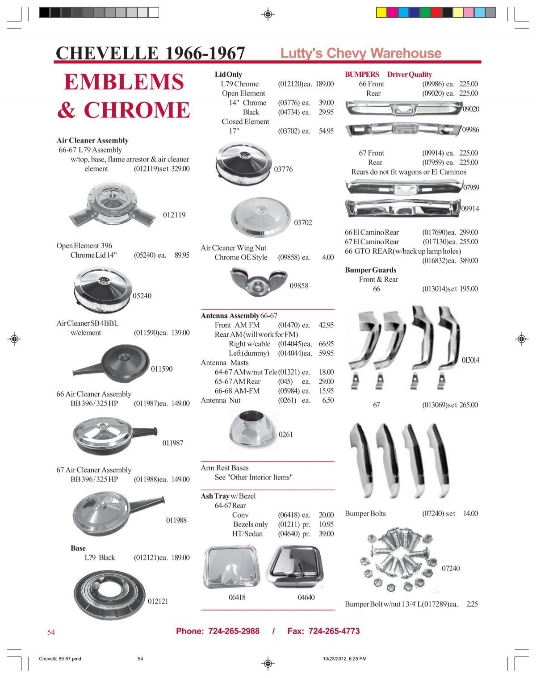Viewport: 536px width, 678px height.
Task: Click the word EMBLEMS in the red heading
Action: (124, 82)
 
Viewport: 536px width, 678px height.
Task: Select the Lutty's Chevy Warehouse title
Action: (360, 53)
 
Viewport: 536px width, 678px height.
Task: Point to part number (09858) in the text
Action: (289, 257)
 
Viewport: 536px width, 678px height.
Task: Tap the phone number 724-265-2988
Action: (234, 631)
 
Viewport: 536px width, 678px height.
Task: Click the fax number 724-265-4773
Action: (334, 631)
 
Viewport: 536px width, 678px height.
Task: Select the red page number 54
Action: (51, 632)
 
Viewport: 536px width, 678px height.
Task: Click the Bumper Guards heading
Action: (370, 270)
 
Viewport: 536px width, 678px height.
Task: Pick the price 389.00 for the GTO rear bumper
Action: (469, 261)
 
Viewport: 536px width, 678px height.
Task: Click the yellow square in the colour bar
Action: (381, 13)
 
